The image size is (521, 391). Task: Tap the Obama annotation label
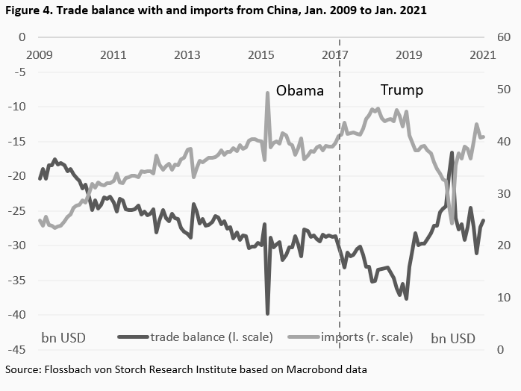(300, 91)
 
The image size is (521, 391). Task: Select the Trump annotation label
(402, 90)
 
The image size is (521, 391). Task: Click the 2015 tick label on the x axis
(261, 54)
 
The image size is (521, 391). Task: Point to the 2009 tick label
(39, 54)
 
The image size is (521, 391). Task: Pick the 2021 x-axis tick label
(483, 54)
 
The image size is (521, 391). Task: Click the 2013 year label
(187, 54)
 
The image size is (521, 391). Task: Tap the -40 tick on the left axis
(16, 315)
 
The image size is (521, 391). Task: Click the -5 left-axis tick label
(19, 72)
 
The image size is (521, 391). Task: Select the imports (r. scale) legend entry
(366, 337)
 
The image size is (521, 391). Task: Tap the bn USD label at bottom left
(63, 337)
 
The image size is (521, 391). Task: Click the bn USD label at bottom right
(453, 337)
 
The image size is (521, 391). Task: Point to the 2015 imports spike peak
(267, 93)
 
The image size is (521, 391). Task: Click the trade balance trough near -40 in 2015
(267, 313)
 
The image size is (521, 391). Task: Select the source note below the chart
(187, 369)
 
